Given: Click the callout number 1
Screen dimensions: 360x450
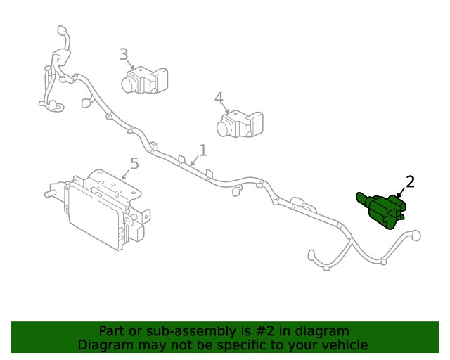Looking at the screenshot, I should tap(202, 150).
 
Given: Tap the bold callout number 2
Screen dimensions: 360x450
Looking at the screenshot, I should tap(411, 182).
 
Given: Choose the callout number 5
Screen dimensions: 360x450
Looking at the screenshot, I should tap(134, 164).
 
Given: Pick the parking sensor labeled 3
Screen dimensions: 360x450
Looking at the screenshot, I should tap(145, 81).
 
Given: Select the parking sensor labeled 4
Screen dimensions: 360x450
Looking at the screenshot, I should tap(239, 123).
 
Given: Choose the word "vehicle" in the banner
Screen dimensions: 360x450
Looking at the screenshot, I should tap(344, 345).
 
